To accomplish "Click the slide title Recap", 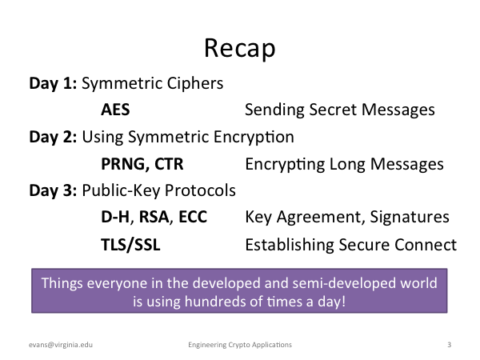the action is [240, 48].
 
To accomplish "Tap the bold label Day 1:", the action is [53, 83].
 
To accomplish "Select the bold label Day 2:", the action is [53, 137].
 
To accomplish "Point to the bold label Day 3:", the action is [53, 190].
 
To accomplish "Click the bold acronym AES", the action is [115, 110].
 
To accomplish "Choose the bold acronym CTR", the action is [169, 164].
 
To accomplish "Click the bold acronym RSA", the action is [154, 217].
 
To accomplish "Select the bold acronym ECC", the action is [193, 217].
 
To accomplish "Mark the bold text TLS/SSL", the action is [130, 245].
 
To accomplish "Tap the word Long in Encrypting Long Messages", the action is [347, 165].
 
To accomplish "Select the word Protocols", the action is [200, 190].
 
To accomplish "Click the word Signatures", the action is [410, 218].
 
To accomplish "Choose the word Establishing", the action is [290, 245].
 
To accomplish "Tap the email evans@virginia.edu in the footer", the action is [61, 345].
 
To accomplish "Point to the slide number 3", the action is [449, 345].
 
